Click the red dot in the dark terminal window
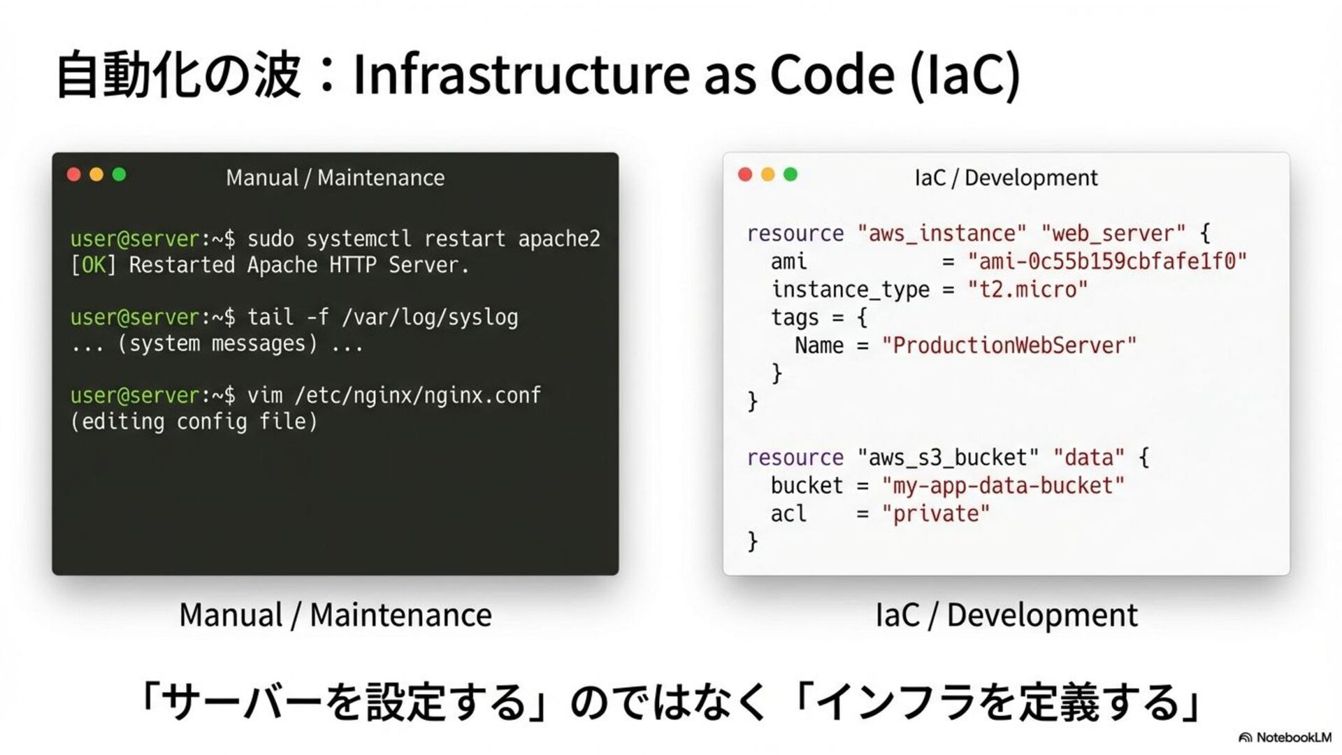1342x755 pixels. [74, 175]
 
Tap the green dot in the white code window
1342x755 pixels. [791, 175]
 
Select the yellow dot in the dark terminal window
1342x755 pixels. [96, 175]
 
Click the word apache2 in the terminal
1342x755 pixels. [559, 239]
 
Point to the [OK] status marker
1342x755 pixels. [94, 266]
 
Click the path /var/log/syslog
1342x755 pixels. [430, 317]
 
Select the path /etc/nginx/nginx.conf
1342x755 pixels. [418, 396]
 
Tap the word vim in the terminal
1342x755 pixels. [265, 396]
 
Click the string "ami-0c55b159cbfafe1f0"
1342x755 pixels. [1107, 261]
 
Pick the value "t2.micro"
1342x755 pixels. [1027, 289]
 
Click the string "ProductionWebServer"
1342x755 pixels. [1009, 345]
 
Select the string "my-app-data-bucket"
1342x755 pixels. [1003, 485]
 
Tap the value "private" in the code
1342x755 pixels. [936, 514]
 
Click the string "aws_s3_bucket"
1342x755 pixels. [948, 458]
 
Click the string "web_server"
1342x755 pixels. [1113, 233]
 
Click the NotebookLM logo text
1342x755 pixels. [1293, 738]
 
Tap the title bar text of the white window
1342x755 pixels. [1006, 178]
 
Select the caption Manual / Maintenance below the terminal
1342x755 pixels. [335, 615]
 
